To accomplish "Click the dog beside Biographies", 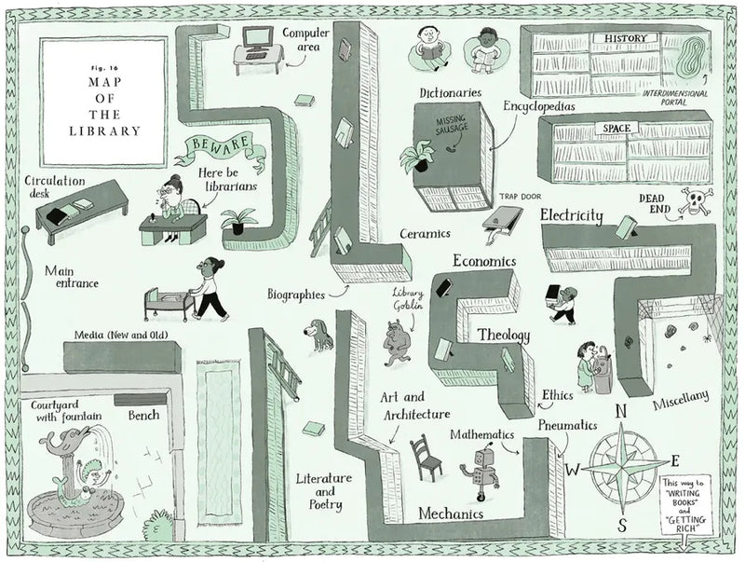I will click(319, 335).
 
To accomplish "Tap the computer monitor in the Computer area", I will click(255, 37).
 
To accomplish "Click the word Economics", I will click(484, 261).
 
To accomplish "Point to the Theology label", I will click(504, 335).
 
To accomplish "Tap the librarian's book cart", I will click(168, 300).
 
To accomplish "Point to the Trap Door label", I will click(520, 197).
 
